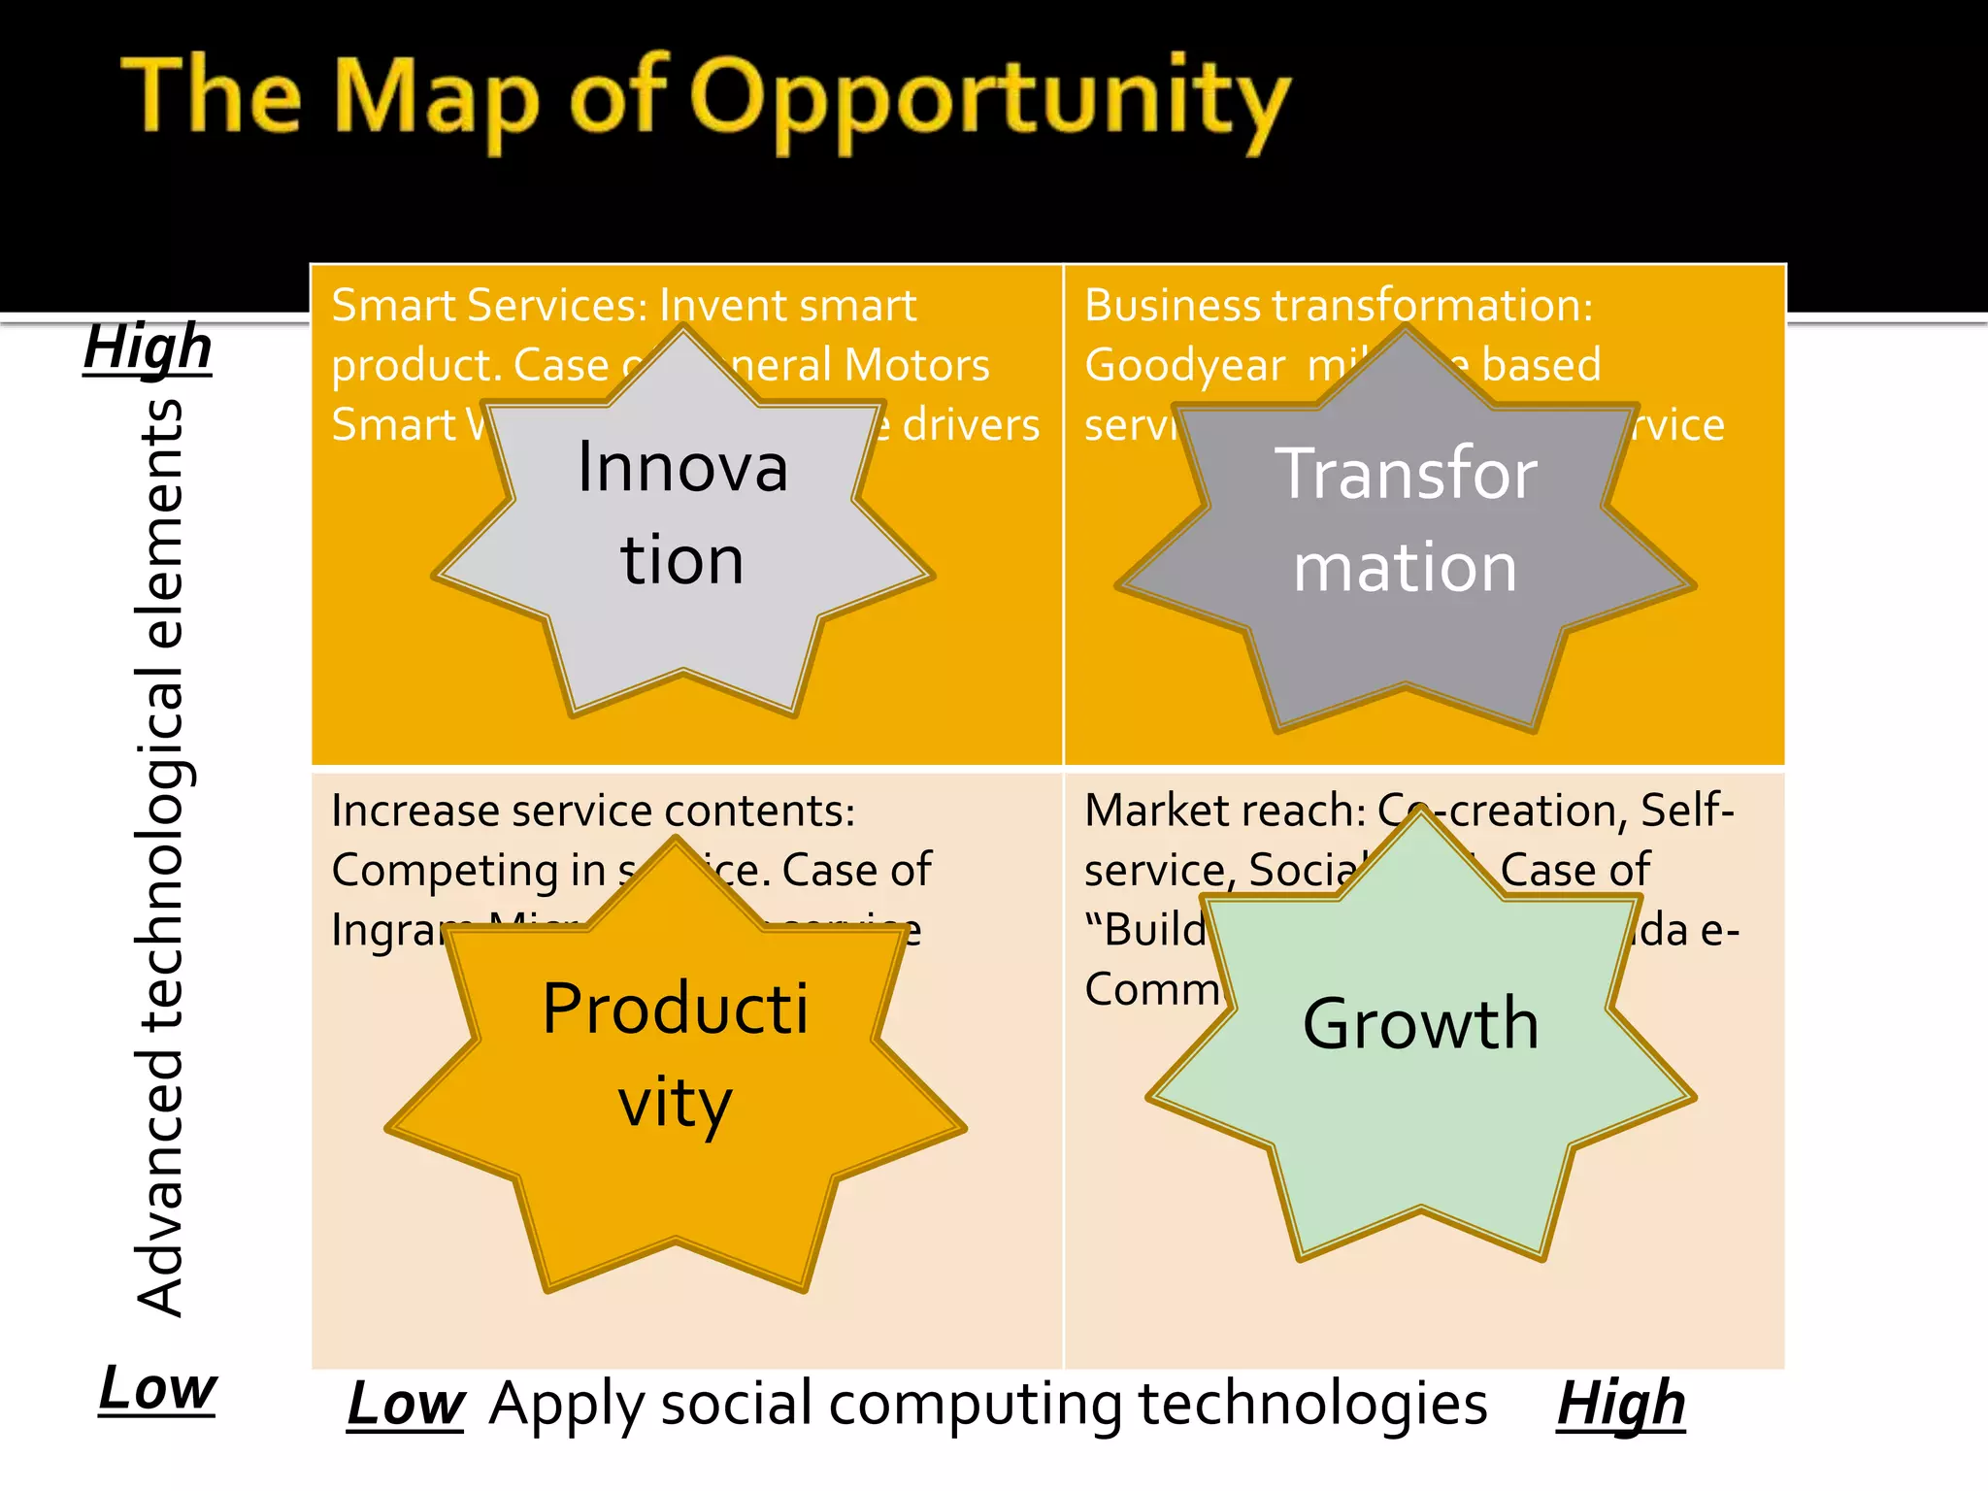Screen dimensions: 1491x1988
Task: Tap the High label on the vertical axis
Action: pyautogui.click(x=148, y=348)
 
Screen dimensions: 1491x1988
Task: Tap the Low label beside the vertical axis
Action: pyautogui.click(x=157, y=1388)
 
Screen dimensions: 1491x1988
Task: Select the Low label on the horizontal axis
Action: pyautogui.click(x=406, y=1404)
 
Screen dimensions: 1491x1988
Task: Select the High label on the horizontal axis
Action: pyautogui.click(x=1621, y=1404)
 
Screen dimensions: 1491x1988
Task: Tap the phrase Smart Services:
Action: pyautogui.click(x=489, y=306)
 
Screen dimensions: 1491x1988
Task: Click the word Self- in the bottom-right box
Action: pyautogui.click(x=1687, y=811)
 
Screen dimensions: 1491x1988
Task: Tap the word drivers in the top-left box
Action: pyautogui.click(x=971, y=425)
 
